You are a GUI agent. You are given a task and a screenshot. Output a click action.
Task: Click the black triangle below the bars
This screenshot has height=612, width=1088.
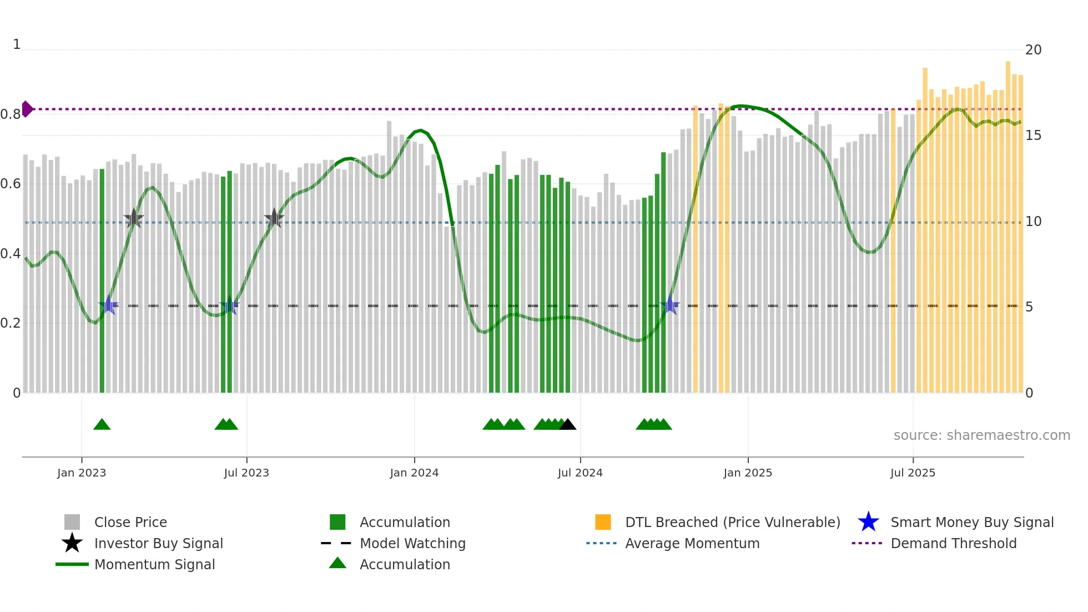(567, 425)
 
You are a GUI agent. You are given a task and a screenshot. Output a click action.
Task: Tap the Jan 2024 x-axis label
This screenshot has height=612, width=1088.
(414, 473)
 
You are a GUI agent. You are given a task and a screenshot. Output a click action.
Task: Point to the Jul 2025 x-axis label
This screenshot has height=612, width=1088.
(913, 473)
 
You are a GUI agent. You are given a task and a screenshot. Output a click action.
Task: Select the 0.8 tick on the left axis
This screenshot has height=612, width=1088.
(11, 114)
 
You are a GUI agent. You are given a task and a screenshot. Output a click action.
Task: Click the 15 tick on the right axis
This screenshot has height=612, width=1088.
(1033, 136)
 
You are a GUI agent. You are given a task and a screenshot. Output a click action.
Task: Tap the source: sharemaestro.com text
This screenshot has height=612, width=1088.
(981, 435)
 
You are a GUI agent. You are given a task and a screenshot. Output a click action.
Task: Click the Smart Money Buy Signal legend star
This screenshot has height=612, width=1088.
(868, 522)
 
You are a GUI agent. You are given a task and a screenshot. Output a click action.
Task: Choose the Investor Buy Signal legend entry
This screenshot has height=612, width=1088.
(158, 543)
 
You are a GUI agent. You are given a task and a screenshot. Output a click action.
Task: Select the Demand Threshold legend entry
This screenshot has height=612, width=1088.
(953, 543)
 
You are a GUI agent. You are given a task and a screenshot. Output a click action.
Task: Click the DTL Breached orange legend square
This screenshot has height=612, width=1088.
(603, 522)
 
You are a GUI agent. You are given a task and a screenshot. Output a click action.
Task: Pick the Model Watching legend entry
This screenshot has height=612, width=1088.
(412, 543)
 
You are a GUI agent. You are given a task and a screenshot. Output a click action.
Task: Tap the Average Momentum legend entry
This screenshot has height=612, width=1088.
(692, 543)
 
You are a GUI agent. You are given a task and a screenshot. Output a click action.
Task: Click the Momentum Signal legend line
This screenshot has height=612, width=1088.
(72, 564)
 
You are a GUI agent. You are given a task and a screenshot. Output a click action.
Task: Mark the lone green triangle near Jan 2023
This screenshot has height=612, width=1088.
(102, 425)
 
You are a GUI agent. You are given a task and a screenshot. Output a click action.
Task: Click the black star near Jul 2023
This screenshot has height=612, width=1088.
(274, 219)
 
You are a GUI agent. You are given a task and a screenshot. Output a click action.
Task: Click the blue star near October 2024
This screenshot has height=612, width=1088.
(670, 305)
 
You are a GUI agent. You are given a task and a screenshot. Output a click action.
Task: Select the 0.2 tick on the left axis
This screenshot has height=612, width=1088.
(11, 323)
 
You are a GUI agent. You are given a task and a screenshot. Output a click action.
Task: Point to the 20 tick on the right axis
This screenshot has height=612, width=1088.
(1033, 50)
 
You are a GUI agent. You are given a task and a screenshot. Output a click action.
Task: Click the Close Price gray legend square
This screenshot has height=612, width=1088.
(72, 522)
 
